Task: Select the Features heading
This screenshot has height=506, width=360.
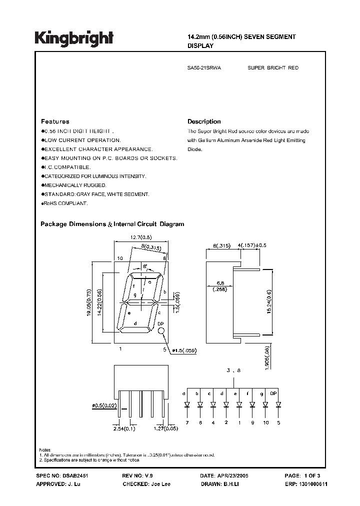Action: pyautogui.click(x=55, y=121)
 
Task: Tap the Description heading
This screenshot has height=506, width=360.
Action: pyautogui.click(x=204, y=121)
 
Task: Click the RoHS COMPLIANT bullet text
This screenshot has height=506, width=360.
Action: pyautogui.click(x=65, y=203)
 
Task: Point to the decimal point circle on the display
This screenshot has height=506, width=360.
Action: pyautogui.click(x=161, y=331)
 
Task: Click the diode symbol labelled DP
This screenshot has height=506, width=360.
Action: pyautogui.click(x=278, y=404)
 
